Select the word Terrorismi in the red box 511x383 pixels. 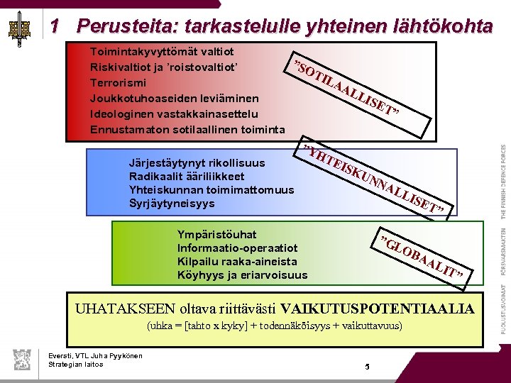click(x=117, y=82)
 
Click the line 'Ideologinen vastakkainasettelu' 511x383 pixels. click(x=174, y=113)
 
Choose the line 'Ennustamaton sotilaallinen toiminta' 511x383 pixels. click(x=187, y=129)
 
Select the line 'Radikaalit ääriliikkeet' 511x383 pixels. click(x=187, y=175)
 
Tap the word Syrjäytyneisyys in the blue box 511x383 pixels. click(x=172, y=204)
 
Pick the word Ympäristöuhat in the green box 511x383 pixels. click(x=216, y=234)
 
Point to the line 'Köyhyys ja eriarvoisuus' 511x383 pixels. click(x=242, y=275)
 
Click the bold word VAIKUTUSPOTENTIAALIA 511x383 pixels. click(x=377, y=309)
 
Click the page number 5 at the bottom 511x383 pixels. click(x=367, y=367)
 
